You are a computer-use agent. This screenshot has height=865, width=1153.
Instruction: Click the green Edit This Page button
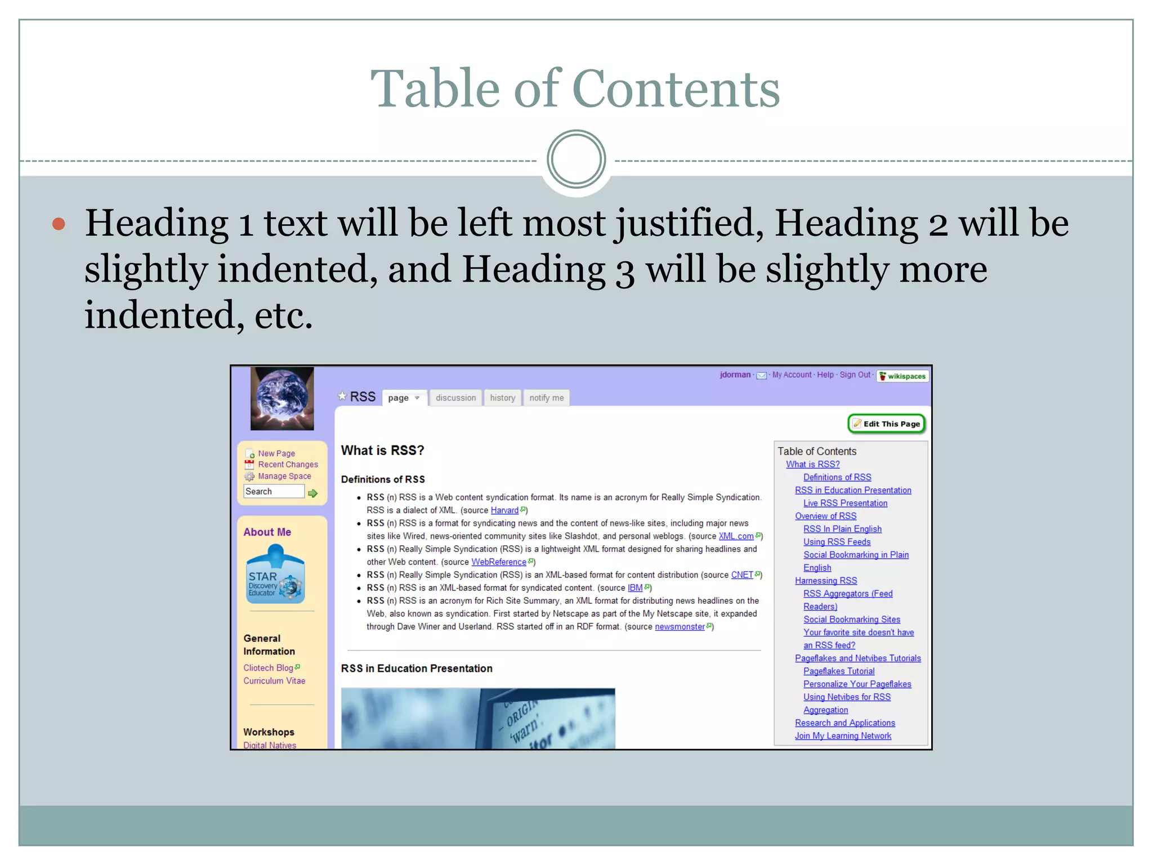click(x=887, y=423)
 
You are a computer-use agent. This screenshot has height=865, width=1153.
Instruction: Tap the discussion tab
click(x=455, y=398)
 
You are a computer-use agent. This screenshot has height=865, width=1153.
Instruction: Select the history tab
click(x=502, y=398)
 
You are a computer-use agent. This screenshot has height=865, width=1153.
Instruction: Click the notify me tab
click(x=546, y=398)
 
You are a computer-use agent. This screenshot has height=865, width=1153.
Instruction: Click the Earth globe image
click(x=282, y=398)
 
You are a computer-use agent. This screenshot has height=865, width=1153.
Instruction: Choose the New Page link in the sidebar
click(x=276, y=453)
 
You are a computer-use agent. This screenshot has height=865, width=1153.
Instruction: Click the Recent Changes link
click(x=288, y=465)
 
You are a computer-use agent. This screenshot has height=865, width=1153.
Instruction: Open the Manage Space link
click(x=284, y=476)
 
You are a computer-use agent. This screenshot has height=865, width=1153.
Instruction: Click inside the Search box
click(x=274, y=492)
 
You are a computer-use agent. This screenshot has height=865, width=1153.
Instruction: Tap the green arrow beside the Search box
click(x=313, y=493)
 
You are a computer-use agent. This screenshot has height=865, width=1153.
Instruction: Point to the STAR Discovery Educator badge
click(x=275, y=575)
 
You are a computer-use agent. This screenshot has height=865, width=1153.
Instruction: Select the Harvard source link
click(x=504, y=510)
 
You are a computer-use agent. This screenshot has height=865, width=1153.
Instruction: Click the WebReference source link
click(x=499, y=562)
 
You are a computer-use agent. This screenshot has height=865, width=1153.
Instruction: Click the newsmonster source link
click(x=680, y=627)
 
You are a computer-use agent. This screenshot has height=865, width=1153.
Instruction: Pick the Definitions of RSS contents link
click(x=837, y=477)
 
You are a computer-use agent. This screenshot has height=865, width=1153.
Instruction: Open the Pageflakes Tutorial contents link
click(x=839, y=671)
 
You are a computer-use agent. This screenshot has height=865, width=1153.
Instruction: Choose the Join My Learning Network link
click(x=843, y=736)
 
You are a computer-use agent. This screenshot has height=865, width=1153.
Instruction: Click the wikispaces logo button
click(x=902, y=376)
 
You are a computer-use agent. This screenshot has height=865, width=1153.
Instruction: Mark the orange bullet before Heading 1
click(x=59, y=224)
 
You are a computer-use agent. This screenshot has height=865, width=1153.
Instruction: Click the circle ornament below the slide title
click(x=576, y=159)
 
